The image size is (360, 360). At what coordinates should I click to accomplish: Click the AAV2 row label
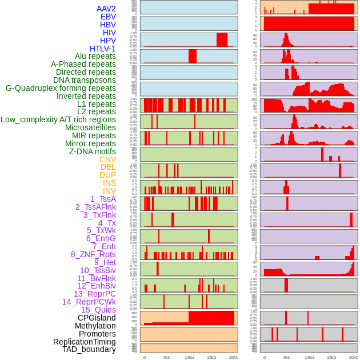click(106, 9)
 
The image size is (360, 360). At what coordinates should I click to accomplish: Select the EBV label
click(108, 17)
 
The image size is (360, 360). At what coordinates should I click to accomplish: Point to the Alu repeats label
click(95, 56)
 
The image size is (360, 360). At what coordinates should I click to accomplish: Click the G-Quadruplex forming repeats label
click(61, 88)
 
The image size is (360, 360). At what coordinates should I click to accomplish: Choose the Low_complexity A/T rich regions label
click(58, 119)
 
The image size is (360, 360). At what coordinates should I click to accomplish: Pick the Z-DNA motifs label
click(92, 151)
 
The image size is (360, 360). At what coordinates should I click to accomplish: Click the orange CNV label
click(107, 159)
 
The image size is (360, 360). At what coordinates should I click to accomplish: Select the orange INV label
click(109, 191)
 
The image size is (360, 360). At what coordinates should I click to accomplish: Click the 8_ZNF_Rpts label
click(93, 254)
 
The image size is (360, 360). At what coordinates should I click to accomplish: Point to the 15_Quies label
click(98, 310)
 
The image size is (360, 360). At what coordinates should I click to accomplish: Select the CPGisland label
click(97, 318)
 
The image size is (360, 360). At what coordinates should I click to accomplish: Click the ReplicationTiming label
click(85, 342)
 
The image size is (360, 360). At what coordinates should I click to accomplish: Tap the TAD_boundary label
click(89, 349)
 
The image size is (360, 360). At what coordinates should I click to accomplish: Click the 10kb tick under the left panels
click(189, 357)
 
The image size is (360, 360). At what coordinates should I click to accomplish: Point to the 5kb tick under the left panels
click(166, 357)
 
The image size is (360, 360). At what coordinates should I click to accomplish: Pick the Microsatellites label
click(90, 127)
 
